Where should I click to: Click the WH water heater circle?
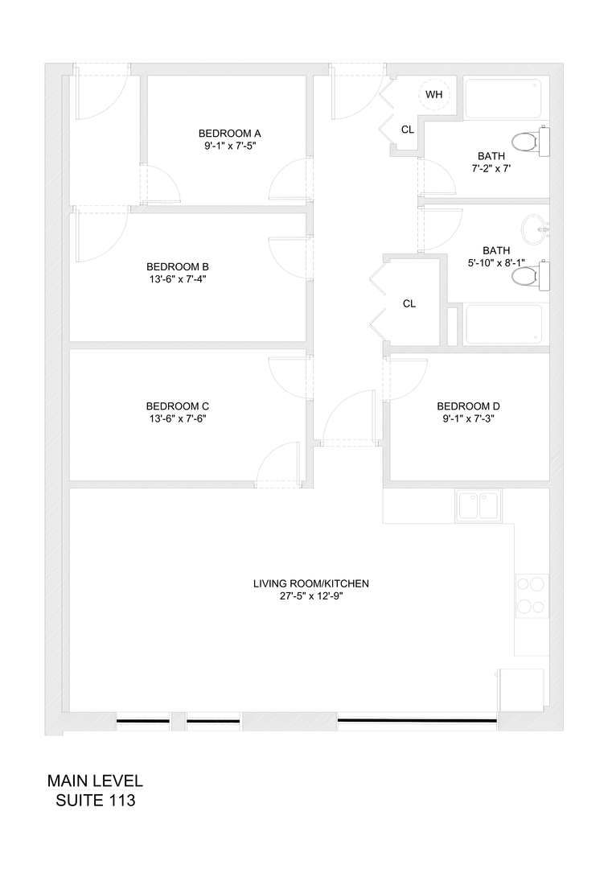point(434,95)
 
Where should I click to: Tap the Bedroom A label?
point(230,133)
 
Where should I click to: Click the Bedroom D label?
point(468,406)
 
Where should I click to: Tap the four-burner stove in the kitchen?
point(532,595)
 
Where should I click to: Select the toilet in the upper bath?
point(531,142)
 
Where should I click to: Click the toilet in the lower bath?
point(530,278)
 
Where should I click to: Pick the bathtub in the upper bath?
point(505,99)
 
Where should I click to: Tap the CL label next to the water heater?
point(408,130)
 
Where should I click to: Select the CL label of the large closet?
point(409,303)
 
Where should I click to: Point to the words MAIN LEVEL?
point(95,781)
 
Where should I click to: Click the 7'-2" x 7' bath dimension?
point(492,169)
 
